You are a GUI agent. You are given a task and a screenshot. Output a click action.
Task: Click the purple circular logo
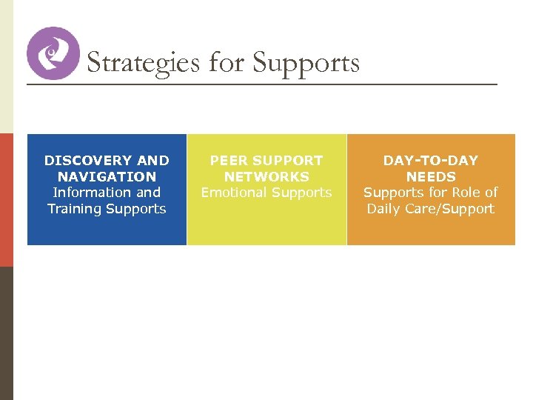[53, 53]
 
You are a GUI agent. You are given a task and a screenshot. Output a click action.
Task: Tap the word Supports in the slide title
[306, 64]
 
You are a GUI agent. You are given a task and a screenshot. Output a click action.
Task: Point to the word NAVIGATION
[107, 176]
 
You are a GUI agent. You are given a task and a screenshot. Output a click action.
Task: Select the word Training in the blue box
[75, 209]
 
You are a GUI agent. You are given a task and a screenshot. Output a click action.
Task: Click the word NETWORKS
[266, 176]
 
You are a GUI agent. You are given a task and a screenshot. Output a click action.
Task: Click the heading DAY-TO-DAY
[430, 160]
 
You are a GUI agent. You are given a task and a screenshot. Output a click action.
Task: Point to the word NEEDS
[430, 176]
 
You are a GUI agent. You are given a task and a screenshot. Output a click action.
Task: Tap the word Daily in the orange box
[384, 209]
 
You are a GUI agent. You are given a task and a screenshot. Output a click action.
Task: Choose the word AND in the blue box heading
[155, 160]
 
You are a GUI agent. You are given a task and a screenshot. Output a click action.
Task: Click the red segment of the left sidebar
[6, 200]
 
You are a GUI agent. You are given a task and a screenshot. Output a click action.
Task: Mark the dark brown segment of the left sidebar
[6, 333]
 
